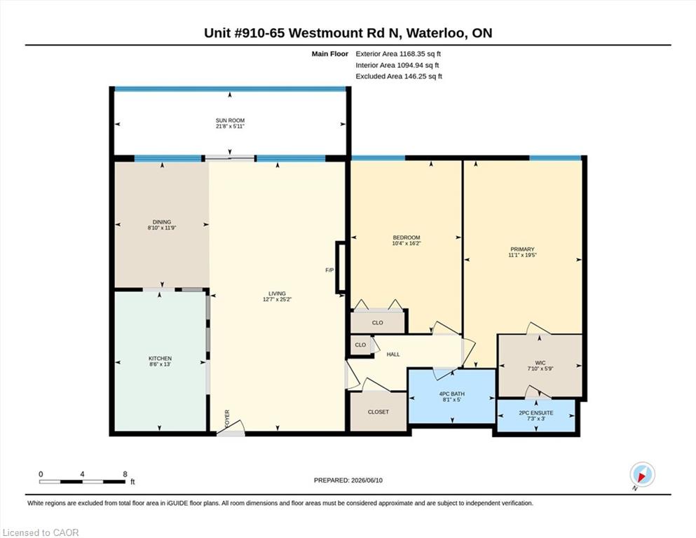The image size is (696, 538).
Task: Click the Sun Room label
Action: point(230,120)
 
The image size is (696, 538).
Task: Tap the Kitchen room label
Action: point(160,359)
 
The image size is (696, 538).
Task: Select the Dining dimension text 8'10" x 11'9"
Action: point(162,228)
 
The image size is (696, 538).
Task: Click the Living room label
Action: point(277,294)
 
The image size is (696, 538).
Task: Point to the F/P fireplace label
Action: point(329,270)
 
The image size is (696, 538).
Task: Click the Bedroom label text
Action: point(406,237)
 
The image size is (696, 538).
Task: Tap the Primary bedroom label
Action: point(522,249)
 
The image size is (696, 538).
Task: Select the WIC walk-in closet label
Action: point(540,363)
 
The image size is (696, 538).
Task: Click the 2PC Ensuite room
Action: point(535,415)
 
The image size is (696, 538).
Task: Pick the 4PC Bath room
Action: point(451,396)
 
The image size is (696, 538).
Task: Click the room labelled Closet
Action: point(378,412)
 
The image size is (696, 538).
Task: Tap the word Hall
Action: point(393,354)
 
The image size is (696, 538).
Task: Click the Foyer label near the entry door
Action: point(227,419)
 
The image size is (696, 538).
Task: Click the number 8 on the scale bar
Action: point(125,474)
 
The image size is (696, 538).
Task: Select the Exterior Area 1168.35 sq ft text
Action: point(398,54)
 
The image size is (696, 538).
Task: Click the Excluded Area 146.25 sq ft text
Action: point(399,76)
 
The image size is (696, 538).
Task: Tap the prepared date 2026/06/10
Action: point(367,480)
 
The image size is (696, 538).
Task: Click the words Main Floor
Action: point(330,54)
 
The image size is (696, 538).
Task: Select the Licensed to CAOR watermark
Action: point(41,532)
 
